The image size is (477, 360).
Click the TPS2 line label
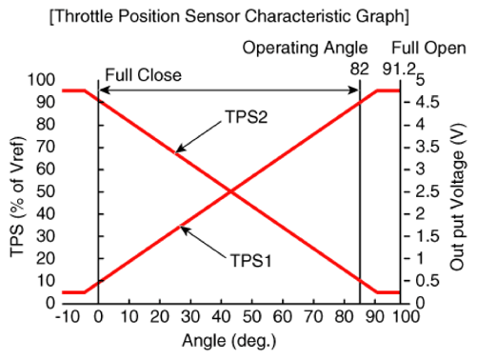pyautogui.click(x=247, y=117)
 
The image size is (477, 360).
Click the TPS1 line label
pyautogui.click(x=251, y=261)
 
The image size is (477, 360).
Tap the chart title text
pyautogui.click(x=229, y=16)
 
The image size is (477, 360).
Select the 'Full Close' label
pyautogui.click(x=144, y=75)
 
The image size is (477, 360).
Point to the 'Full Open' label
pyautogui.click(x=428, y=49)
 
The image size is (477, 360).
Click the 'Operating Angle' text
pyautogui.click(x=305, y=49)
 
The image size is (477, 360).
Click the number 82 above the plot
pyautogui.click(x=360, y=69)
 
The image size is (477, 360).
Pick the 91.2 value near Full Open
pyautogui.click(x=399, y=69)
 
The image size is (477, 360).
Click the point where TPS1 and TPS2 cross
pyautogui.click(x=230, y=191)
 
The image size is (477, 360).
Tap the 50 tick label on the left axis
pyautogui.click(x=46, y=191)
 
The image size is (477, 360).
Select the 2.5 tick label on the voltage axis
pyautogui.click(x=427, y=191)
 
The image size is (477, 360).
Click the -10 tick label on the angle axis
pyautogui.click(x=68, y=316)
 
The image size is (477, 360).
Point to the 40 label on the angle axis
pyautogui.click(x=221, y=316)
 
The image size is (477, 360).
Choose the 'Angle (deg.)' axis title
pyautogui.click(x=229, y=341)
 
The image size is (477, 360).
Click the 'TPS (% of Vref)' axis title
pyautogui.click(x=17, y=197)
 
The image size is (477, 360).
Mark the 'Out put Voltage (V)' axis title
pyautogui.click(x=458, y=197)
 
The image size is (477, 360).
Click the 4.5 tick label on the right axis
pyautogui.click(x=427, y=102)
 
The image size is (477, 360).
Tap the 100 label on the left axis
pyautogui.click(x=41, y=80)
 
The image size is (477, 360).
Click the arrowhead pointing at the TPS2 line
pyautogui.click(x=180, y=150)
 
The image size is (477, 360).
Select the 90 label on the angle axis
pyautogui.click(x=375, y=316)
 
